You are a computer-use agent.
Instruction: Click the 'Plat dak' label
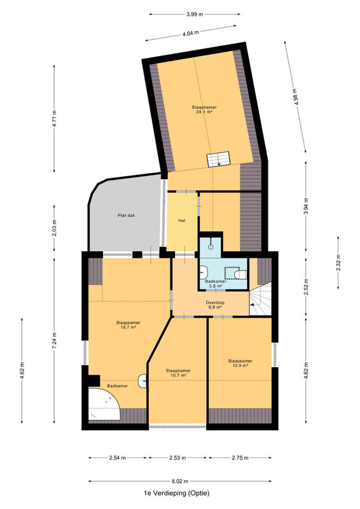pyautogui.click(x=127, y=215)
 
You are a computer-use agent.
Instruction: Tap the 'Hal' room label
pyautogui.click(x=182, y=220)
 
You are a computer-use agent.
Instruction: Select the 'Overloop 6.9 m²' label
pyautogui.click(x=215, y=305)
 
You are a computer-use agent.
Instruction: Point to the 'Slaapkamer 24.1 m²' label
pyautogui.click(x=204, y=109)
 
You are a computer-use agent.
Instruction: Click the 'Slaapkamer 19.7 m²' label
pyautogui.click(x=128, y=325)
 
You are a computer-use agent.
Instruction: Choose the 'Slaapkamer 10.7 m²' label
pyautogui.click(x=178, y=373)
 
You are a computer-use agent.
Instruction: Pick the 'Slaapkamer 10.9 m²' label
pyautogui.click(x=240, y=363)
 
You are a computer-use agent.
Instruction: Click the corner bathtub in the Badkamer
pyautogui.click(x=103, y=404)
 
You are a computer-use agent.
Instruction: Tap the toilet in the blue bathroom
pyautogui.click(x=240, y=275)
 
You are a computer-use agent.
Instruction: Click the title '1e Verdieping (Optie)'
pyautogui.click(x=177, y=493)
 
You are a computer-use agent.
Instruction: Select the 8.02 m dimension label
pyautogui.click(x=180, y=481)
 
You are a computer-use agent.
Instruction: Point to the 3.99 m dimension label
pyautogui.click(x=195, y=14)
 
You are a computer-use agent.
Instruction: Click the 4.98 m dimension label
pyautogui.click(x=294, y=97)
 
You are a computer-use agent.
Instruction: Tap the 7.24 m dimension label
pyautogui.click(x=54, y=341)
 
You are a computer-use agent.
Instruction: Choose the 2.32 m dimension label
pyautogui.click(x=338, y=263)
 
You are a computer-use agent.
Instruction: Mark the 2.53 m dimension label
pyautogui.click(x=178, y=457)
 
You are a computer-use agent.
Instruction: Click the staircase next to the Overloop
pyautogui.click(x=260, y=298)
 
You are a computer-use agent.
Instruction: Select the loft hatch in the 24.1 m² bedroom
pyautogui.click(x=218, y=159)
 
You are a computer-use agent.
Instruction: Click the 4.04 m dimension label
pyautogui.click(x=191, y=34)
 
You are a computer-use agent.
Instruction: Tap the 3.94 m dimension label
pyautogui.click(x=306, y=206)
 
